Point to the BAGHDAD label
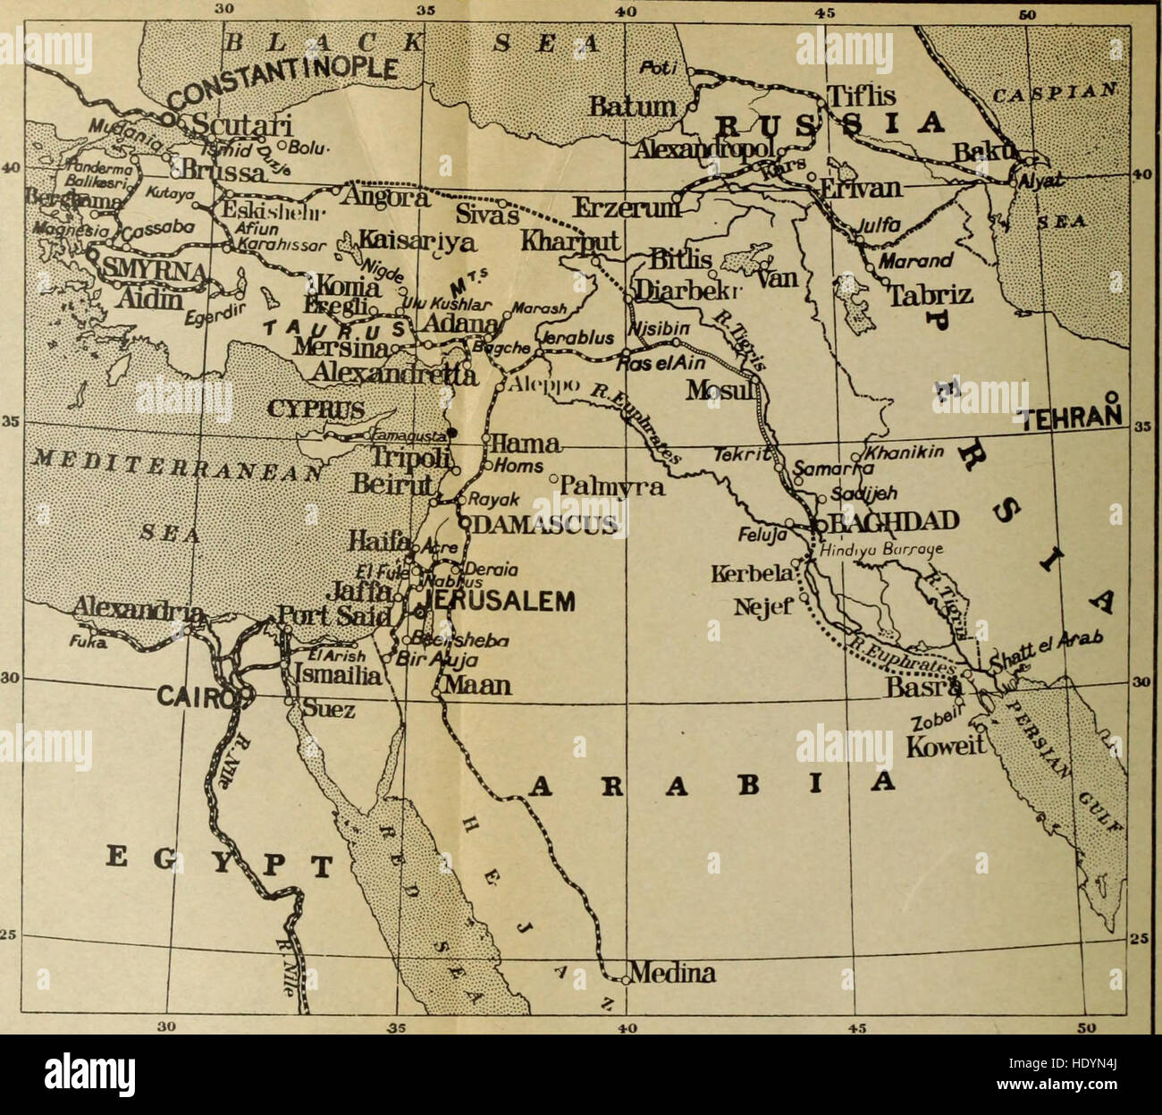(894, 521)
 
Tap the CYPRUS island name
(317, 410)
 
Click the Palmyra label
(617, 486)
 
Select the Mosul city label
(717, 390)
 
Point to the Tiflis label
(862, 96)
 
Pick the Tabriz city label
(930, 295)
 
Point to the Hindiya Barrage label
(871, 552)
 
